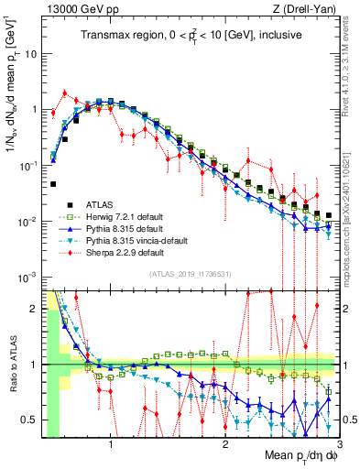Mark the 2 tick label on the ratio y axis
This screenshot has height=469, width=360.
tap(35, 309)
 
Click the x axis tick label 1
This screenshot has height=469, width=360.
tap(111, 446)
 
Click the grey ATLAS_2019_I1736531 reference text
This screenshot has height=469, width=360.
tap(188, 274)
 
